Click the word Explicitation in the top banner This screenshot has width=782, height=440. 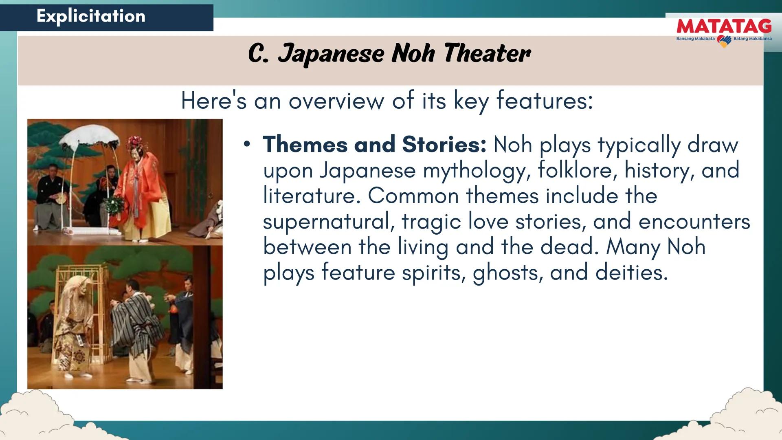[x=91, y=16]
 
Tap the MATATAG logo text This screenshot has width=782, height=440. [x=724, y=26]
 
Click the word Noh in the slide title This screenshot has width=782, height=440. [x=413, y=53]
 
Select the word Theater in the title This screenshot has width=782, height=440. [x=487, y=53]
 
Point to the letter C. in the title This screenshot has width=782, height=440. [x=258, y=53]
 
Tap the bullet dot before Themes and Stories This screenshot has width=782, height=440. [x=246, y=144]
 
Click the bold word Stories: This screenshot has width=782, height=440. [x=444, y=144]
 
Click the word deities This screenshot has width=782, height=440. [x=631, y=272]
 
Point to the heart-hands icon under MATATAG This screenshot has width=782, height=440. [x=724, y=41]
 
